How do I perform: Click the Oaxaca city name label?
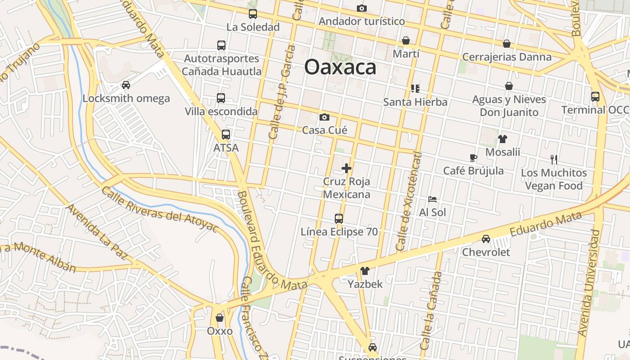pos(340,67)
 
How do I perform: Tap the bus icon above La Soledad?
pos(253,14)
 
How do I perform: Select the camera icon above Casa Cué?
pos(324,117)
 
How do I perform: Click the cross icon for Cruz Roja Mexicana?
pos(346,169)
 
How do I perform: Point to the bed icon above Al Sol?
pos(432,199)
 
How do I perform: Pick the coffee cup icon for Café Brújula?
pos(473,157)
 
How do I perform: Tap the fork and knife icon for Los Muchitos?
pos(554,159)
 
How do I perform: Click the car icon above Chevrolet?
pos(486,239)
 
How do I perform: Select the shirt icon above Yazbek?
pos(365,271)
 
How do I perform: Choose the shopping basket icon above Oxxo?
pos(220,318)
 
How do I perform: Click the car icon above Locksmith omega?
pos(126,85)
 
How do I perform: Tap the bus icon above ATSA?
pos(226,135)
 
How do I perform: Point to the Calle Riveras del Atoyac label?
pos(159,210)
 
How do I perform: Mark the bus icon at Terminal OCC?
pos(595,96)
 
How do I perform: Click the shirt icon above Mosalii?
pos(502,139)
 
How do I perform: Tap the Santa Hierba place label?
pos(415,102)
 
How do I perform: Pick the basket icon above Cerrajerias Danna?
pos(507,44)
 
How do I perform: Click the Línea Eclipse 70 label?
pos(339,232)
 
